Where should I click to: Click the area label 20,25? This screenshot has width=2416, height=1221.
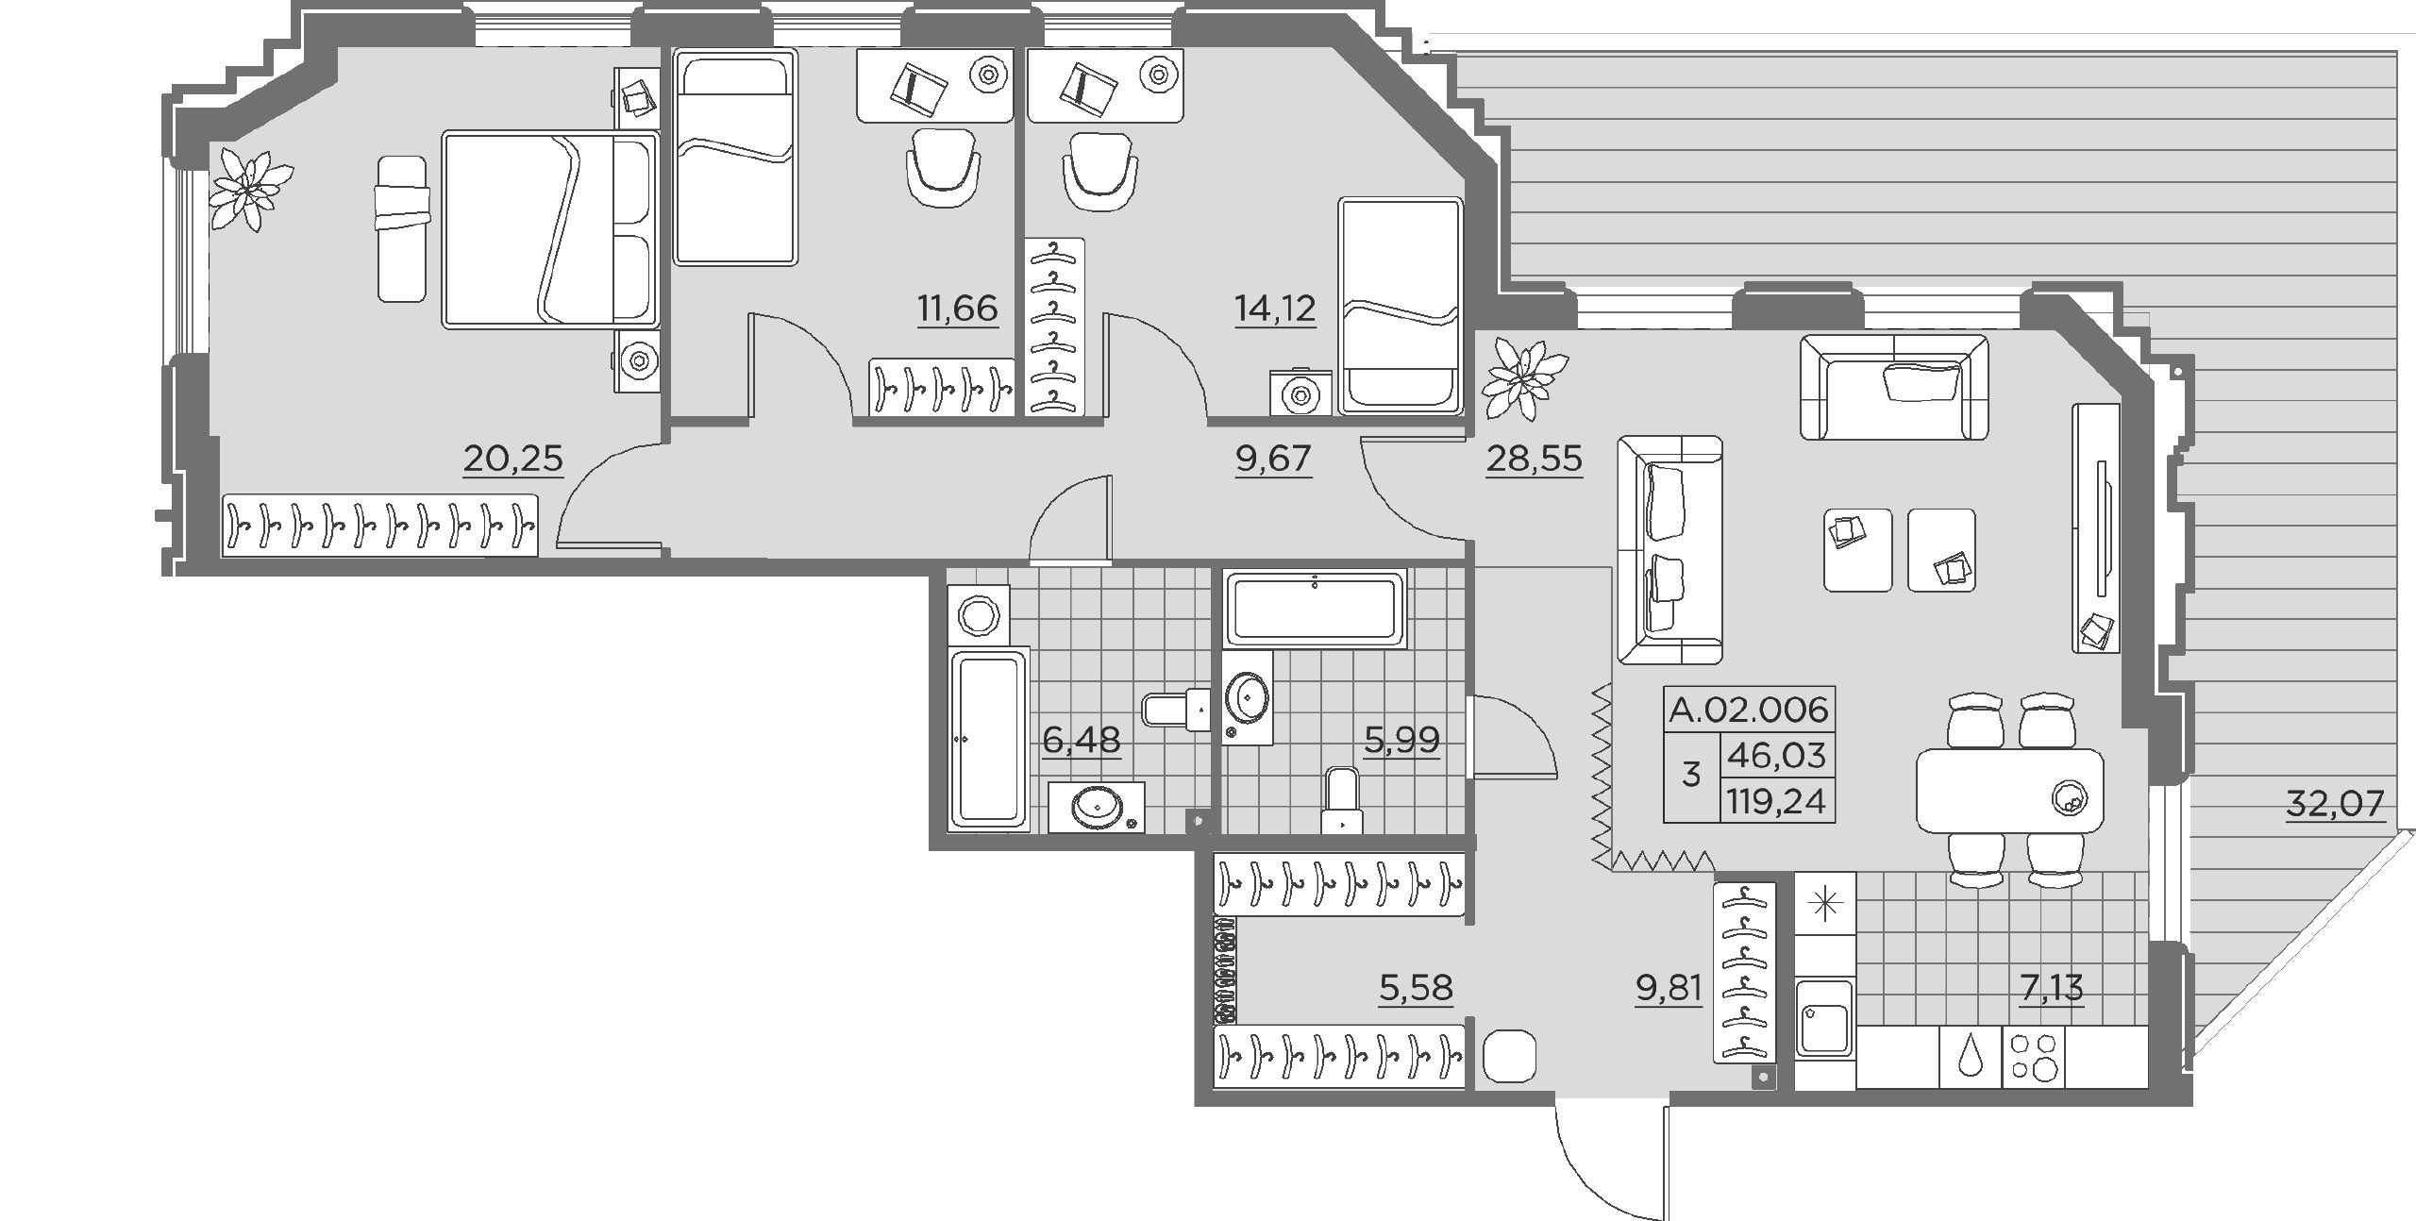[513, 459]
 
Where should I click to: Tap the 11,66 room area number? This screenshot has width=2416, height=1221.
[957, 308]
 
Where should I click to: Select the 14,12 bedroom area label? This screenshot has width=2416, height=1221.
[1275, 308]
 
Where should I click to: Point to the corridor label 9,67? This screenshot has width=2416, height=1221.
[1273, 459]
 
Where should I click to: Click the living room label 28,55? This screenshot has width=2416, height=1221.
[1534, 459]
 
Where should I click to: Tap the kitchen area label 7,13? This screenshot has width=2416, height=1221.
[2052, 988]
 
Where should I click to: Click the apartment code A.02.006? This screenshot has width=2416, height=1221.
[1749, 709]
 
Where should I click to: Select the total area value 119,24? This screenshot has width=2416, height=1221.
[1777, 801]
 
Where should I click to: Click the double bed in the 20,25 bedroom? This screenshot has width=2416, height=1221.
[550, 230]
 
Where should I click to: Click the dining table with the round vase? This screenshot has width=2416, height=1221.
[2010, 791]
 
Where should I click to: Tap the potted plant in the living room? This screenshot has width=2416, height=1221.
[1524, 379]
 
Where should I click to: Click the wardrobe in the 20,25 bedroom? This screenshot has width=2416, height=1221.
[380, 526]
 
